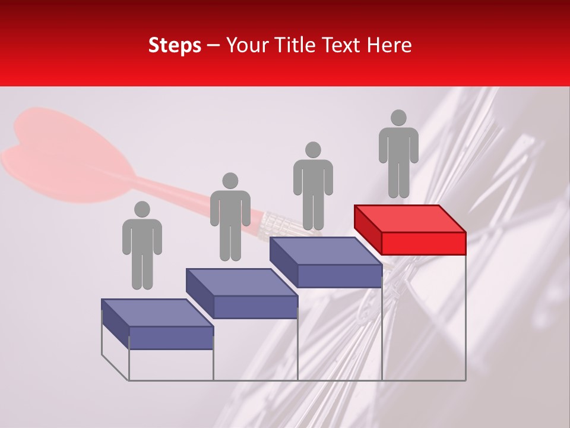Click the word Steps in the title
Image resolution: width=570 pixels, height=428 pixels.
175,46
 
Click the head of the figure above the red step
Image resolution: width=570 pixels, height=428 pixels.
398,118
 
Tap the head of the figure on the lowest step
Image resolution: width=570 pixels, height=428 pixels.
142,209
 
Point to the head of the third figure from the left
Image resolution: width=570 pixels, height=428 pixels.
313,150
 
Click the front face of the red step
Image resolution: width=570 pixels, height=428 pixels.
423,243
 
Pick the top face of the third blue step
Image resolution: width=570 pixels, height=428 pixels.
325,251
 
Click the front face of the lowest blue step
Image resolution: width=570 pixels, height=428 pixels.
171,338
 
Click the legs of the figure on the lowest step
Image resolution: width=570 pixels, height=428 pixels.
142,270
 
